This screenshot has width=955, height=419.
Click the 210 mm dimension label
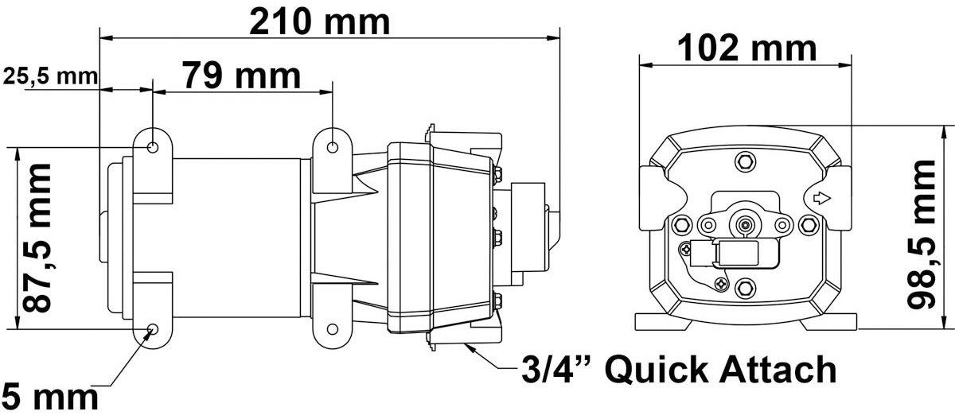tap(319, 22)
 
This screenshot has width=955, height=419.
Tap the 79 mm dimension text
tap(242, 76)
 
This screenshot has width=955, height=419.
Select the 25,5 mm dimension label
tap(50, 76)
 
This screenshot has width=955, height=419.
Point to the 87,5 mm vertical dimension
tap(37, 238)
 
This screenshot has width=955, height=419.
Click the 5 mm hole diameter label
tap(49, 398)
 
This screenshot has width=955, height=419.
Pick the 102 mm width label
tap(747, 48)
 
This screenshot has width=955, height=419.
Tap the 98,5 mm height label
tap(922, 235)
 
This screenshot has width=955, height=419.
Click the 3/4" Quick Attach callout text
tap(679, 369)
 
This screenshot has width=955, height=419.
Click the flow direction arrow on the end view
tap(822, 199)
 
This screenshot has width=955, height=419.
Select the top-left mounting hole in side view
tap(153, 148)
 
